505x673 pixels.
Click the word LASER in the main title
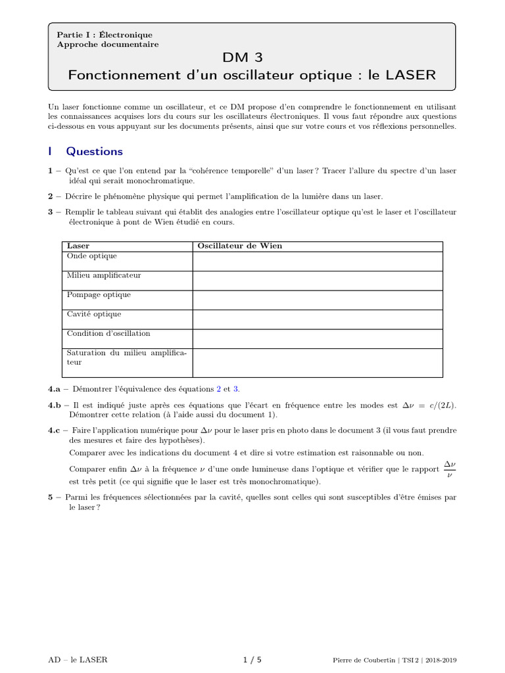(410, 75)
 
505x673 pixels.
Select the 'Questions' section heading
(94, 151)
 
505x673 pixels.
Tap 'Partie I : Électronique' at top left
(105, 35)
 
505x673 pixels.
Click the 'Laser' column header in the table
(78, 246)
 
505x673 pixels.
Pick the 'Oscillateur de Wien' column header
(240, 246)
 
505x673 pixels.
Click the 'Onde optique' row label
(92, 256)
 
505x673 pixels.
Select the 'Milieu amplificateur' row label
(104, 275)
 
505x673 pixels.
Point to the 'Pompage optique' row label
(99, 294)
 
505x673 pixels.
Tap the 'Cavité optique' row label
(94, 314)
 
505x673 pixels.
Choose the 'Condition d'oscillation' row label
(108, 333)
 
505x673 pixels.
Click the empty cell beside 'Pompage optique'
(318, 300)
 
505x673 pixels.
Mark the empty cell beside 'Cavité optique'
(318, 319)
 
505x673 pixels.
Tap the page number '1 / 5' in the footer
(252, 659)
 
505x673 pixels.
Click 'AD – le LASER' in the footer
(78, 659)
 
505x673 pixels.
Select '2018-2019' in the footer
(439, 660)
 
